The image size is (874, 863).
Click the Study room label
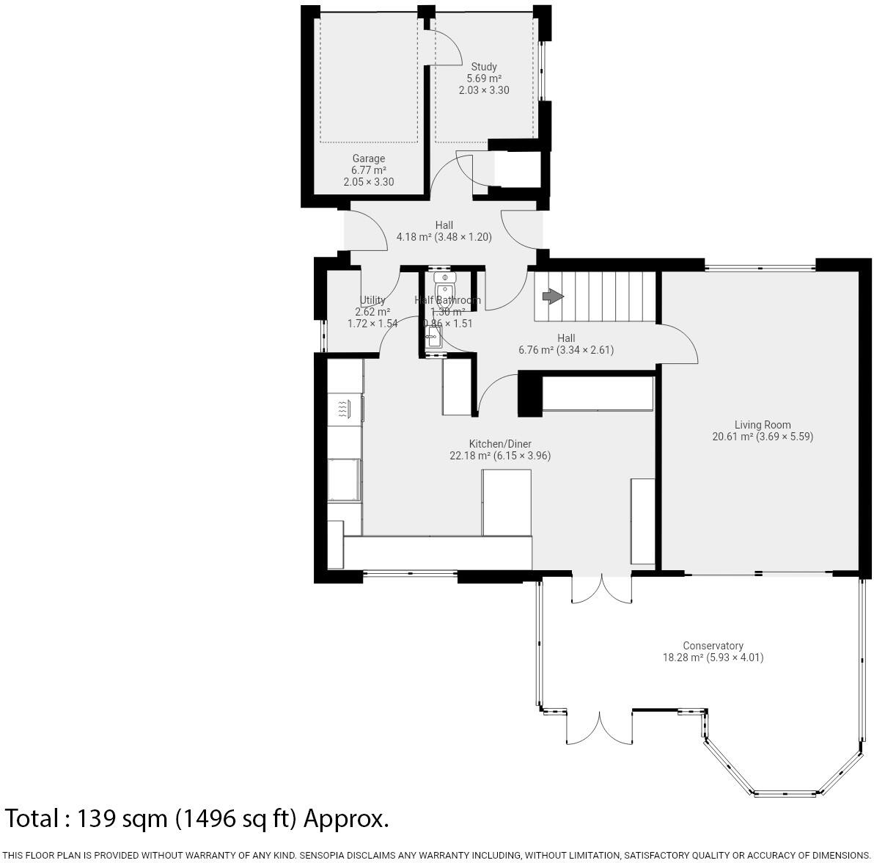click(x=484, y=67)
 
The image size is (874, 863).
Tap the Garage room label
click(x=368, y=159)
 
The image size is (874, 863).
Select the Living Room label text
click(x=763, y=424)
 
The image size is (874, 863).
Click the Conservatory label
click(x=713, y=646)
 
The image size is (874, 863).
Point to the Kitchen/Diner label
click(x=500, y=444)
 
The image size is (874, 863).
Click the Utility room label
click(x=372, y=300)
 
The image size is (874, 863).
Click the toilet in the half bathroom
click(x=445, y=288)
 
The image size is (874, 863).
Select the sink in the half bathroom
click(x=433, y=338)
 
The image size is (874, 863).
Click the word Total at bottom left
click(x=33, y=818)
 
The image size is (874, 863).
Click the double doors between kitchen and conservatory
click(x=601, y=589)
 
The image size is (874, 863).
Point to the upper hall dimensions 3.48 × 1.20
click(x=463, y=237)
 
